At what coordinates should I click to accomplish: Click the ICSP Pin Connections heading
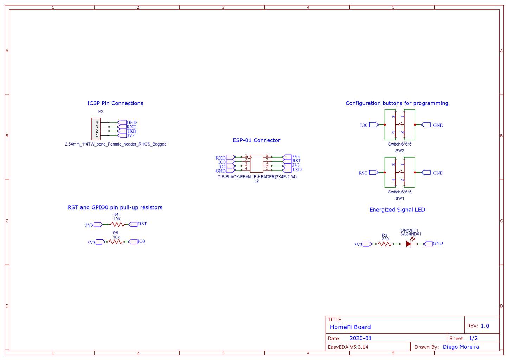[115, 103]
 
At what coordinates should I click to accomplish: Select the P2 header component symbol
[96, 129]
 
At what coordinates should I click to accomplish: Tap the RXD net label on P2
[131, 127]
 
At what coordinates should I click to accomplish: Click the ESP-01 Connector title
[256, 140]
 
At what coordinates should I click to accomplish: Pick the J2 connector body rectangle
[257, 163]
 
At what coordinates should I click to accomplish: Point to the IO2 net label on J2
[222, 167]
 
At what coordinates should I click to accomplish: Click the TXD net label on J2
[297, 169]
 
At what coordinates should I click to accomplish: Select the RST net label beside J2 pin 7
[296, 161]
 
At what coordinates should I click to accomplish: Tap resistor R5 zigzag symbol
[116, 242]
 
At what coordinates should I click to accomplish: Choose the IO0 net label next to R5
[141, 241]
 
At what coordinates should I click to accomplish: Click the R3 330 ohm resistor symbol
[385, 244]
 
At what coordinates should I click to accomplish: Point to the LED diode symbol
[408, 243]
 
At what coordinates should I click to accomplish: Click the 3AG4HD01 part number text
[411, 234]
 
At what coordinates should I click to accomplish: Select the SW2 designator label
[400, 150]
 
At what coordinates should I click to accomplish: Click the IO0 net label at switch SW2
[363, 125]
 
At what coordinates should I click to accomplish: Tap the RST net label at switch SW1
[363, 173]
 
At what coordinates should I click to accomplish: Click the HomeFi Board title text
[350, 327]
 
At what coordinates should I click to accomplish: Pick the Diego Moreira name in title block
[460, 347]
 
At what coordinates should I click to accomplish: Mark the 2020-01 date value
[360, 338]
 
